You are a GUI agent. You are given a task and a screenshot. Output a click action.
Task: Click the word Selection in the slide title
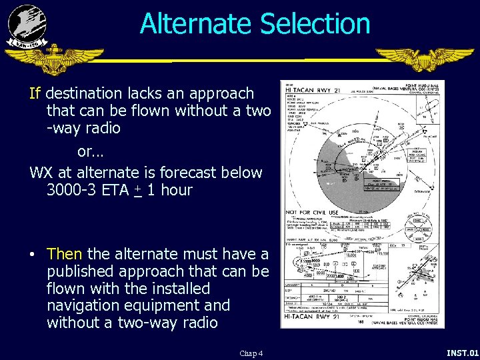pos(315,24)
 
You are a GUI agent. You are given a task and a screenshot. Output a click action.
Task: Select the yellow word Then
pos(64,254)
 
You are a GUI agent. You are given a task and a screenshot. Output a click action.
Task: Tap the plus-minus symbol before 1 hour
pos(137,191)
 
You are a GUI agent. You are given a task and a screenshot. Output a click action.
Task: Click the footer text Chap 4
pos(251,353)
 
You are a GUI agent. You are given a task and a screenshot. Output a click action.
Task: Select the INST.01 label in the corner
pos(462,352)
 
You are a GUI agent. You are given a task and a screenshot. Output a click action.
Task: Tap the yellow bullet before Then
pos(32,255)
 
